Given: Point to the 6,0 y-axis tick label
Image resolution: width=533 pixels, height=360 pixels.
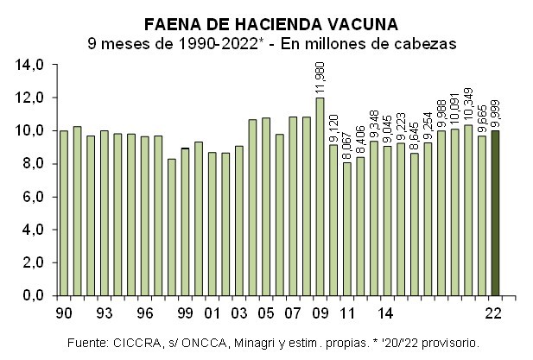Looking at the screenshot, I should pos(33,197).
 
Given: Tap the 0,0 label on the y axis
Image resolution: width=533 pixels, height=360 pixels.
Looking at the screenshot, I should pos(33,296).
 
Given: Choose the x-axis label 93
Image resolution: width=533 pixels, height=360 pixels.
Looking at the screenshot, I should pos(105,312).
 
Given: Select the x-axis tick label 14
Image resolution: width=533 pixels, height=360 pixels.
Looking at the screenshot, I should pos(387,312).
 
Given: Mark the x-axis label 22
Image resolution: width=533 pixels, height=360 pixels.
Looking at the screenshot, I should pos(495,312).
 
